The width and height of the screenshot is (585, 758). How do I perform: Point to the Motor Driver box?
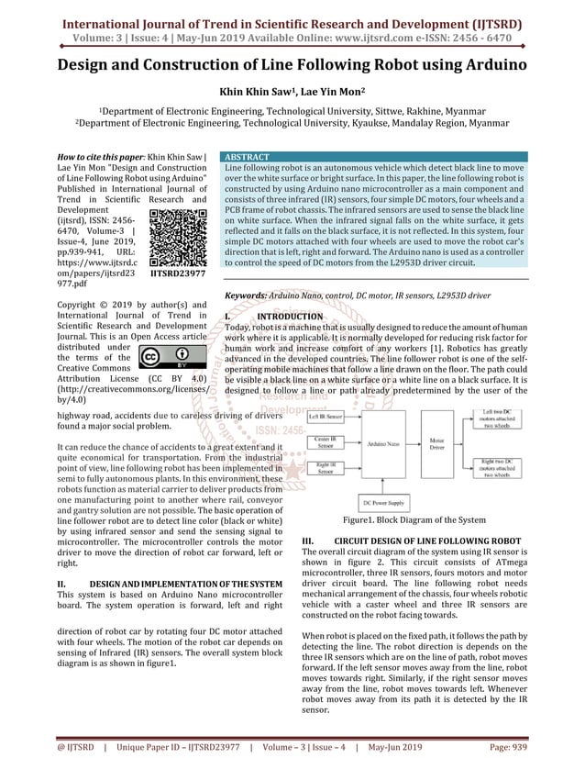click(x=439, y=445)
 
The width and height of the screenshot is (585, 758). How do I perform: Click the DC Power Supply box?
click(x=385, y=502)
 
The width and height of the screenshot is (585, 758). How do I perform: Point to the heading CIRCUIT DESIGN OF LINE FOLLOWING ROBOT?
click(x=427, y=541)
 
